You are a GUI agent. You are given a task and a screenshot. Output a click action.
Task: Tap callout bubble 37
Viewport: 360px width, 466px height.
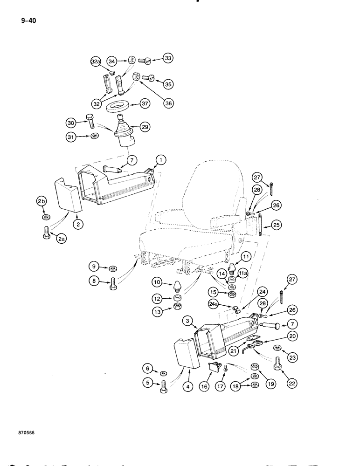[147, 104]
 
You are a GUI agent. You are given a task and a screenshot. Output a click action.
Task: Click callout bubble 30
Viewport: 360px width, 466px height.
[71, 123]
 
